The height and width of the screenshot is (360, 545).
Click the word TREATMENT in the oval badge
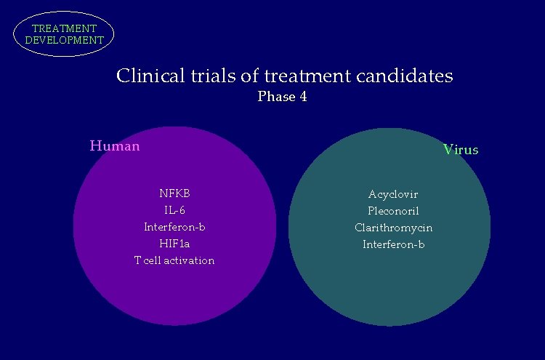pyautogui.click(x=64, y=29)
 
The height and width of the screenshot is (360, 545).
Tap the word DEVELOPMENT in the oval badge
pyautogui.click(x=64, y=41)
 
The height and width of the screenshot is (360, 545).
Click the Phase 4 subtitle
pyautogui.click(x=282, y=97)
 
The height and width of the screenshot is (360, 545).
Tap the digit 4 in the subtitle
pyautogui.click(x=302, y=97)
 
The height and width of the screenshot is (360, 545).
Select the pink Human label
pyautogui.click(x=115, y=145)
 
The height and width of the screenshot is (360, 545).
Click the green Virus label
pyautogui.click(x=461, y=150)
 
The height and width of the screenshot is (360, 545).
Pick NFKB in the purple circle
pyautogui.click(x=174, y=193)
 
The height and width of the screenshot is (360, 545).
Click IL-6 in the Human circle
pyautogui.click(x=174, y=210)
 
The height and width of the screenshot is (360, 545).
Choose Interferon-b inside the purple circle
pyautogui.click(x=174, y=227)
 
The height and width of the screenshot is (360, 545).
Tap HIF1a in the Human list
pyautogui.click(x=174, y=244)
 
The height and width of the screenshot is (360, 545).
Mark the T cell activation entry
pyautogui.click(x=174, y=260)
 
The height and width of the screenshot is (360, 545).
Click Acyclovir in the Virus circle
pyautogui.click(x=393, y=194)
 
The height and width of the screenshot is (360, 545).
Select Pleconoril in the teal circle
pyautogui.click(x=393, y=211)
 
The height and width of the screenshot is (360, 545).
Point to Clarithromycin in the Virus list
pyautogui.click(x=393, y=228)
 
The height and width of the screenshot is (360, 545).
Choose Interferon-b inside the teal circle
pyautogui.click(x=393, y=244)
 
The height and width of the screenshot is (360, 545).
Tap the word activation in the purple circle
pyautogui.click(x=189, y=260)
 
